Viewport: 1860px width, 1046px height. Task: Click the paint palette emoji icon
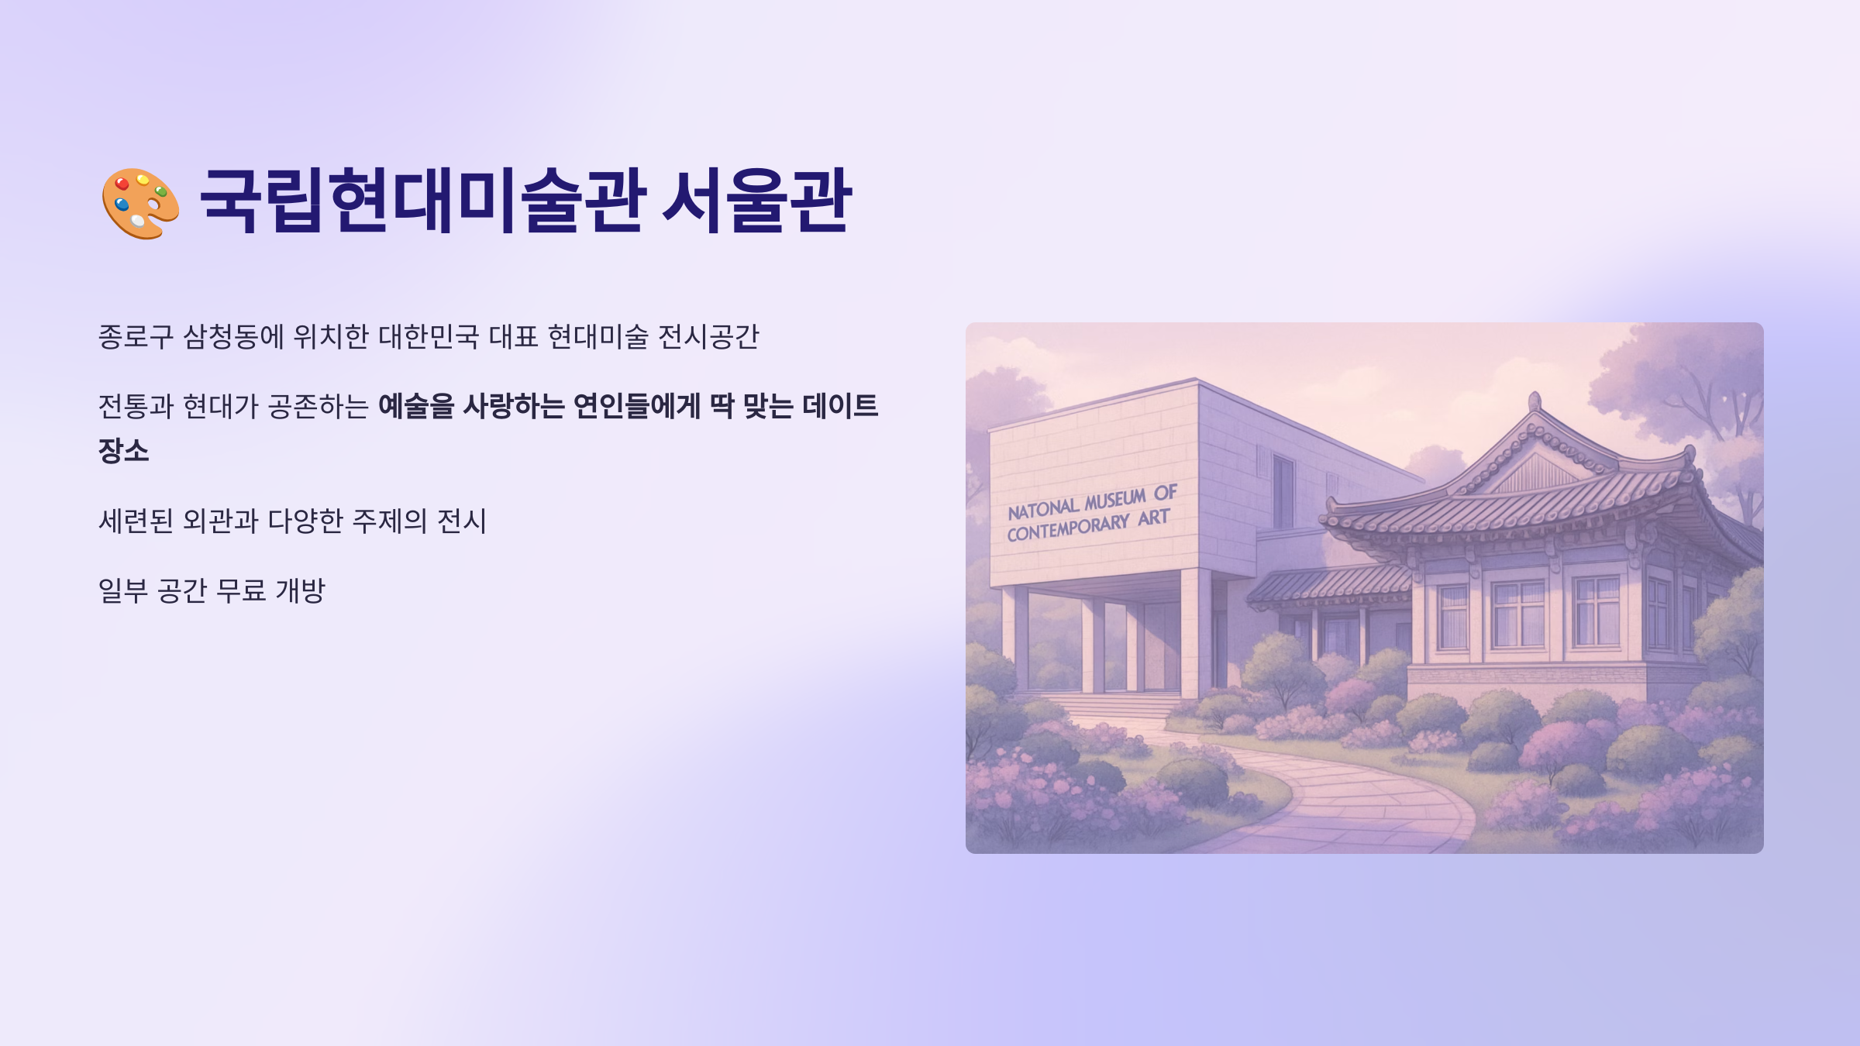pos(140,203)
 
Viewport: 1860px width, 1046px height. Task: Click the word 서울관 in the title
pos(756,201)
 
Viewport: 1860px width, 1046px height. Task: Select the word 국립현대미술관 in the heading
pos(422,201)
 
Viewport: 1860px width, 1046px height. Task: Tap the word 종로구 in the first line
pos(136,337)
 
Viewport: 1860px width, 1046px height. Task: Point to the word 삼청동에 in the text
pos(233,337)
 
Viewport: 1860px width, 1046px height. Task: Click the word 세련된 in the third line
pos(136,521)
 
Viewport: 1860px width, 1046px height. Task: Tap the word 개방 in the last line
pos(301,590)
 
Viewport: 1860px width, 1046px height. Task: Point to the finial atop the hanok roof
pos(1534,401)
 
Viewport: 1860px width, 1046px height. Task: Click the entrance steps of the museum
pos(1116,705)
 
